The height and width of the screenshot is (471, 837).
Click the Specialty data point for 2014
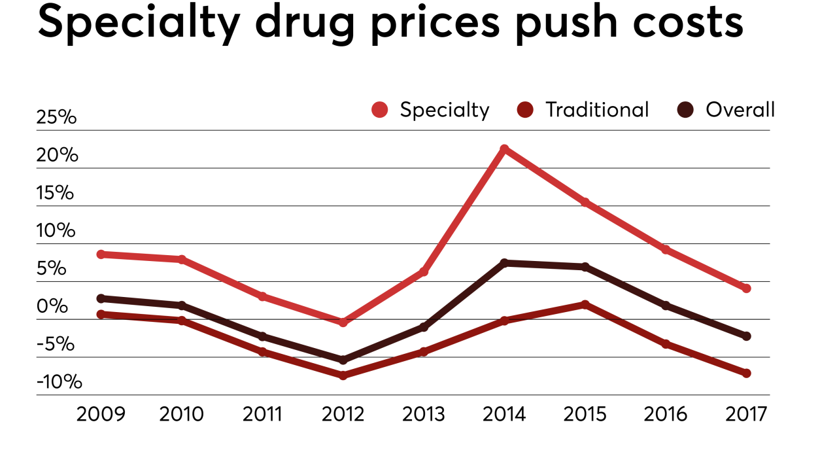tap(504, 149)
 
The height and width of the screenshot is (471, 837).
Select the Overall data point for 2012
tap(343, 360)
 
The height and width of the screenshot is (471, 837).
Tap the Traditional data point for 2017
tap(746, 373)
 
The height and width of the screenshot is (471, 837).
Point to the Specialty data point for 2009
tap(101, 254)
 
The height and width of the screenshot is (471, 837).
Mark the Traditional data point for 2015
tap(585, 304)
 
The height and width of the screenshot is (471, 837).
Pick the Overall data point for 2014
tap(504, 263)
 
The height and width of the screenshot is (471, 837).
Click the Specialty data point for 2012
tap(343, 323)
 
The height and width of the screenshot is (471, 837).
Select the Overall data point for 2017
tap(746, 336)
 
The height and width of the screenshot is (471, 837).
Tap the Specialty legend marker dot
tap(379, 110)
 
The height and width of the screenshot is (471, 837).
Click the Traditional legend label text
tap(597, 110)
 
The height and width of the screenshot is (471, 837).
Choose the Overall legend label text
tap(740, 110)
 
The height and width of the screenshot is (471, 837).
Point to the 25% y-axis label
tap(57, 118)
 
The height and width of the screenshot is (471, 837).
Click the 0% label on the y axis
tap(52, 306)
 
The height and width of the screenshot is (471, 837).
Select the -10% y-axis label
tap(60, 381)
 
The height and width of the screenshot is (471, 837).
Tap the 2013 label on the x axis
tap(423, 415)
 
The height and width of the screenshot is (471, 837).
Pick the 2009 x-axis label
tap(101, 415)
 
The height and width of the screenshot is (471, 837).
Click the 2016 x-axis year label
tap(666, 415)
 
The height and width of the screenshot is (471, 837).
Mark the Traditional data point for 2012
tap(343, 375)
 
